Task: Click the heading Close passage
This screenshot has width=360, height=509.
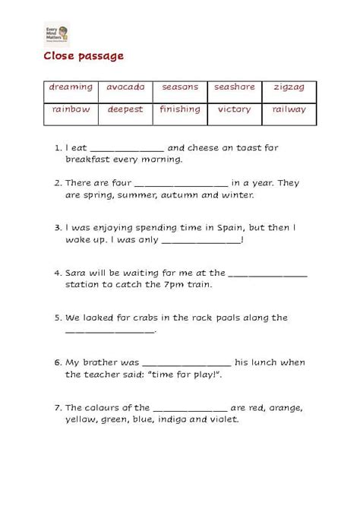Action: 83,56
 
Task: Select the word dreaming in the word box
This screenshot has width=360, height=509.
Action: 71,87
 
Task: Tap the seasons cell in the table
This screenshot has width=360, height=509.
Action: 179,87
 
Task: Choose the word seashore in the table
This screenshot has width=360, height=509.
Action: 234,87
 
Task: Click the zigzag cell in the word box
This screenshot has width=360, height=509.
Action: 289,87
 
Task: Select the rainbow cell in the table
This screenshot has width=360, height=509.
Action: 71,109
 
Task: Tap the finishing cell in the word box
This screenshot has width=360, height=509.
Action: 179,109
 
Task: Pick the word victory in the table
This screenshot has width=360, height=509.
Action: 234,109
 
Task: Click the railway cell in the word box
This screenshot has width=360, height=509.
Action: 289,109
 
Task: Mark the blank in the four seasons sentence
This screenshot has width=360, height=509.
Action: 181,184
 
